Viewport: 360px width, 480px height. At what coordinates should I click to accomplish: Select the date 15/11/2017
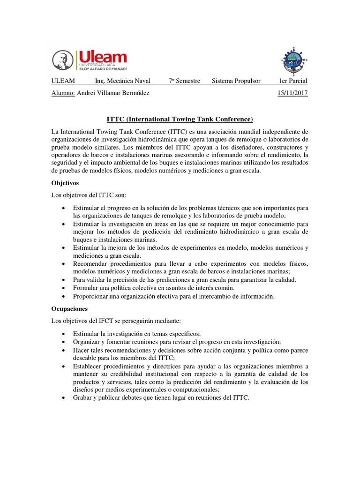292,93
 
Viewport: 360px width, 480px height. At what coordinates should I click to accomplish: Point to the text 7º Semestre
185,81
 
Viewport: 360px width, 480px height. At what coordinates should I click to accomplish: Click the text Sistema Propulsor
236,81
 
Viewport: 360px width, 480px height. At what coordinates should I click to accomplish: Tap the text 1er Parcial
293,81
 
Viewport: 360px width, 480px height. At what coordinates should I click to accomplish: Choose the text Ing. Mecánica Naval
123,81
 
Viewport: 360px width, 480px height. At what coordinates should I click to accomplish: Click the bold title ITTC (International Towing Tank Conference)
180,119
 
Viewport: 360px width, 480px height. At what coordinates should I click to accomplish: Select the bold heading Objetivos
66,182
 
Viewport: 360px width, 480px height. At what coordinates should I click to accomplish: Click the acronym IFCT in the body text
107,322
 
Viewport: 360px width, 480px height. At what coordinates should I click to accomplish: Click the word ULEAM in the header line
63,81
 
